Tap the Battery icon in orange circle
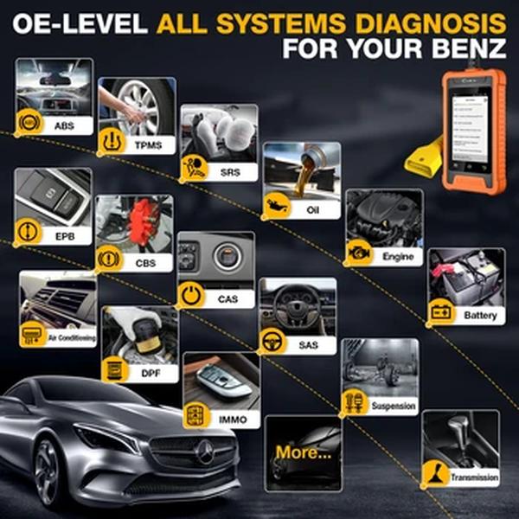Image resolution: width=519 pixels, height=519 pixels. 441,312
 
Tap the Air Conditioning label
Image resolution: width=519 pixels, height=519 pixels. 71,338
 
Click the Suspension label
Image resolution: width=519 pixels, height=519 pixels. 394,405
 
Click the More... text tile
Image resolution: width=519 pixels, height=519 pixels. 302,452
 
